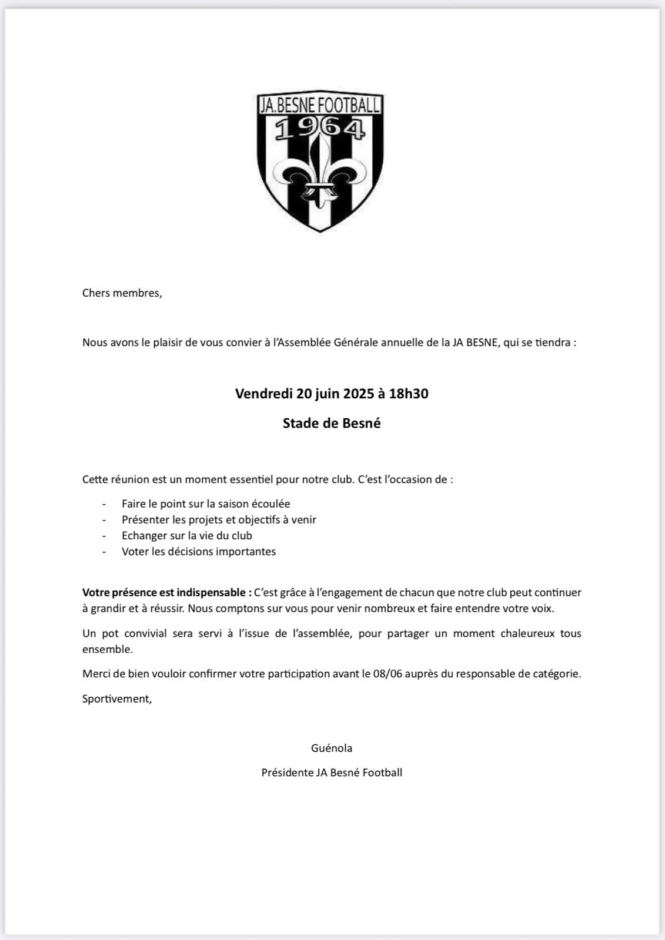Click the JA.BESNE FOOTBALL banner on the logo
coord(320,105)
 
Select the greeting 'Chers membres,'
coord(122,293)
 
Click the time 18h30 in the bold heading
coord(409,394)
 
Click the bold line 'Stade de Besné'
coord(332,424)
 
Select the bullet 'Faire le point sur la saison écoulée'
coord(206,504)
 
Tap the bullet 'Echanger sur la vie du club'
coord(187,536)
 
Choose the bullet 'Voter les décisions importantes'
coord(199,552)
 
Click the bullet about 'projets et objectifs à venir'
coord(219,520)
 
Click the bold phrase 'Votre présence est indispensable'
coord(167,593)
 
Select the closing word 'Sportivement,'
coord(117,699)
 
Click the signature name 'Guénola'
coord(332,748)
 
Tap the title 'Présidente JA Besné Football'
coord(332,773)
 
